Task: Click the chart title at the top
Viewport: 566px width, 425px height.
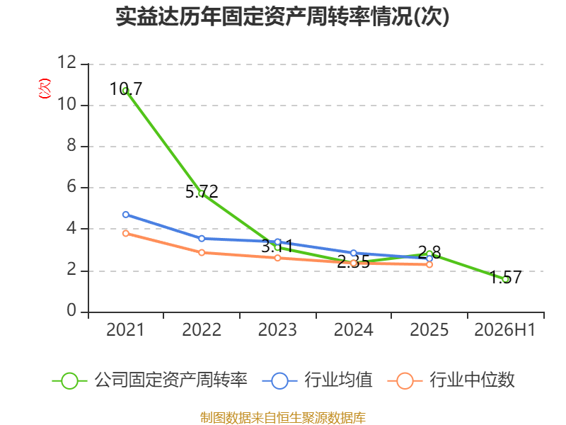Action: (x=282, y=16)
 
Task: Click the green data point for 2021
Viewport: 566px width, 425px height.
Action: (x=126, y=90)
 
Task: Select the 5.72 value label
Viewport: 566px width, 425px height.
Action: (x=202, y=191)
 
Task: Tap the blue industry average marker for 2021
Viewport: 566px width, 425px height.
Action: (x=126, y=215)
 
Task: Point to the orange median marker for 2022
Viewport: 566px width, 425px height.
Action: (x=202, y=253)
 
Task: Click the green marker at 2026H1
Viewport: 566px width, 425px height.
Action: (x=506, y=279)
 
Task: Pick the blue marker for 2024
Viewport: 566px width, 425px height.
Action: (x=354, y=253)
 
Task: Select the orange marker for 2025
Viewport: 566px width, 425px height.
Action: (x=429, y=264)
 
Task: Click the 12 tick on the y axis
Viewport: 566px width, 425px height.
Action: (x=67, y=62)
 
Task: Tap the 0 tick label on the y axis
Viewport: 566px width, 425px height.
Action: (x=71, y=310)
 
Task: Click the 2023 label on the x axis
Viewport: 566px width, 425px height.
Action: (x=277, y=330)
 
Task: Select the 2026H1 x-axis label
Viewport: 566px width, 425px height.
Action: (x=504, y=330)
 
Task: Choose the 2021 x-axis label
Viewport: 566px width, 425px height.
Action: (x=125, y=330)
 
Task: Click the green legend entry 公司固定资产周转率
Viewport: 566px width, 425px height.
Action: (x=150, y=380)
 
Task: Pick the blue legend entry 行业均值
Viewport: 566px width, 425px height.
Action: (x=317, y=380)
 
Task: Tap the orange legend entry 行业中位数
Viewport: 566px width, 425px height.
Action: (x=451, y=380)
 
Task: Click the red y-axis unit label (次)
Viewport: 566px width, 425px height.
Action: (x=45, y=89)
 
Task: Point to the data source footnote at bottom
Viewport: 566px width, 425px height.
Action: (x=283, y=418)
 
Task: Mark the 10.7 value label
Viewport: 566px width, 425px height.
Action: (x=126, y=89)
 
